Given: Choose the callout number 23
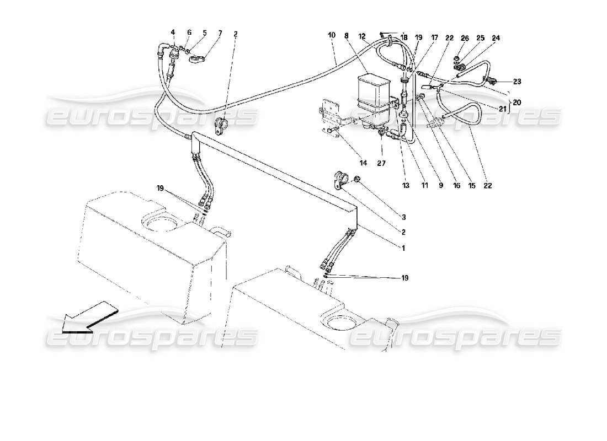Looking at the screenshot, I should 517,81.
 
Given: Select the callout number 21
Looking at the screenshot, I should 502,109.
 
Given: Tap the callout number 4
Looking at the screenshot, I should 172,33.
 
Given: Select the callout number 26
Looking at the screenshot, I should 465,38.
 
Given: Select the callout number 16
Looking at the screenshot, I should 456,186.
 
